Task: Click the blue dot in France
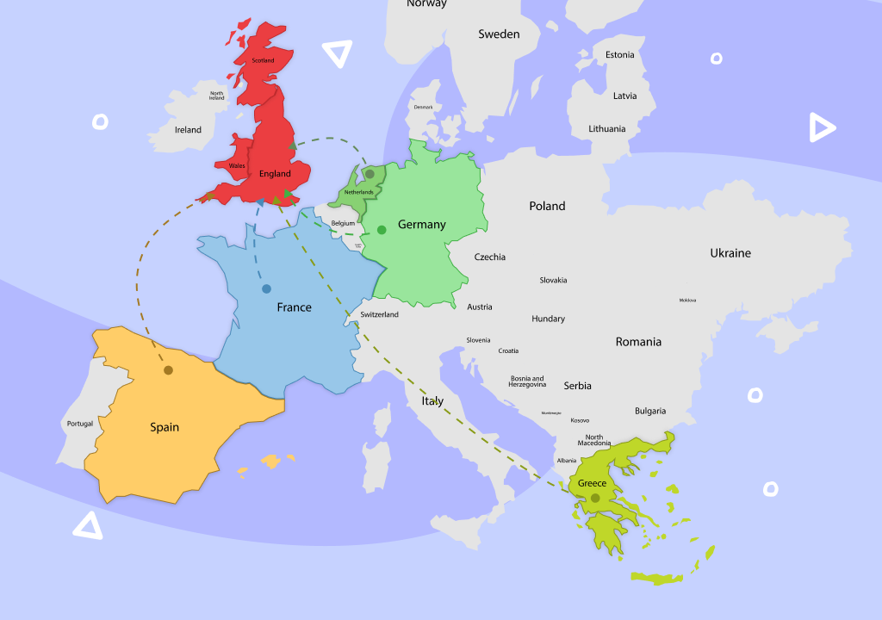[266, 288]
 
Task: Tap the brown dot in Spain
[169, 370]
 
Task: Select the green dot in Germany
[382, 230]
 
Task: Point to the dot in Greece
[594, 498]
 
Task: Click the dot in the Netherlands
[370, 174]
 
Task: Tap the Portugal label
[79, 424]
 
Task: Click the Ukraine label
[730, 253]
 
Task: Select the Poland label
[547, 206]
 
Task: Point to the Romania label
[638, 342]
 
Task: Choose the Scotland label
[263, 60]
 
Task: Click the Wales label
[237, 165]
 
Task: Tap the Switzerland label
[379, 314]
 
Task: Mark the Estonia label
[619, 55]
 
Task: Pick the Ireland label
[188, 130]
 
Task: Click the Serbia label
[577, 386]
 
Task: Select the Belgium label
[343, 223]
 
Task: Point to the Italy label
[432, 401]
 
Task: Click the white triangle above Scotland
[337, 54]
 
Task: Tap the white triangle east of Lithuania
[821, 128]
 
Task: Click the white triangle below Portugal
[87, 525]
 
